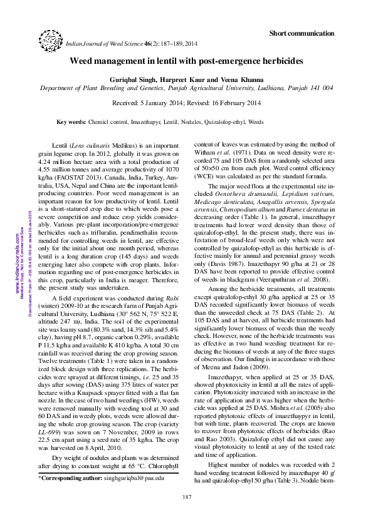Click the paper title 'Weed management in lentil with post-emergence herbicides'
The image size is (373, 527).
click(x=186, y=62)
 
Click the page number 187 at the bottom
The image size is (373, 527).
click(x=186, y=497)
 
